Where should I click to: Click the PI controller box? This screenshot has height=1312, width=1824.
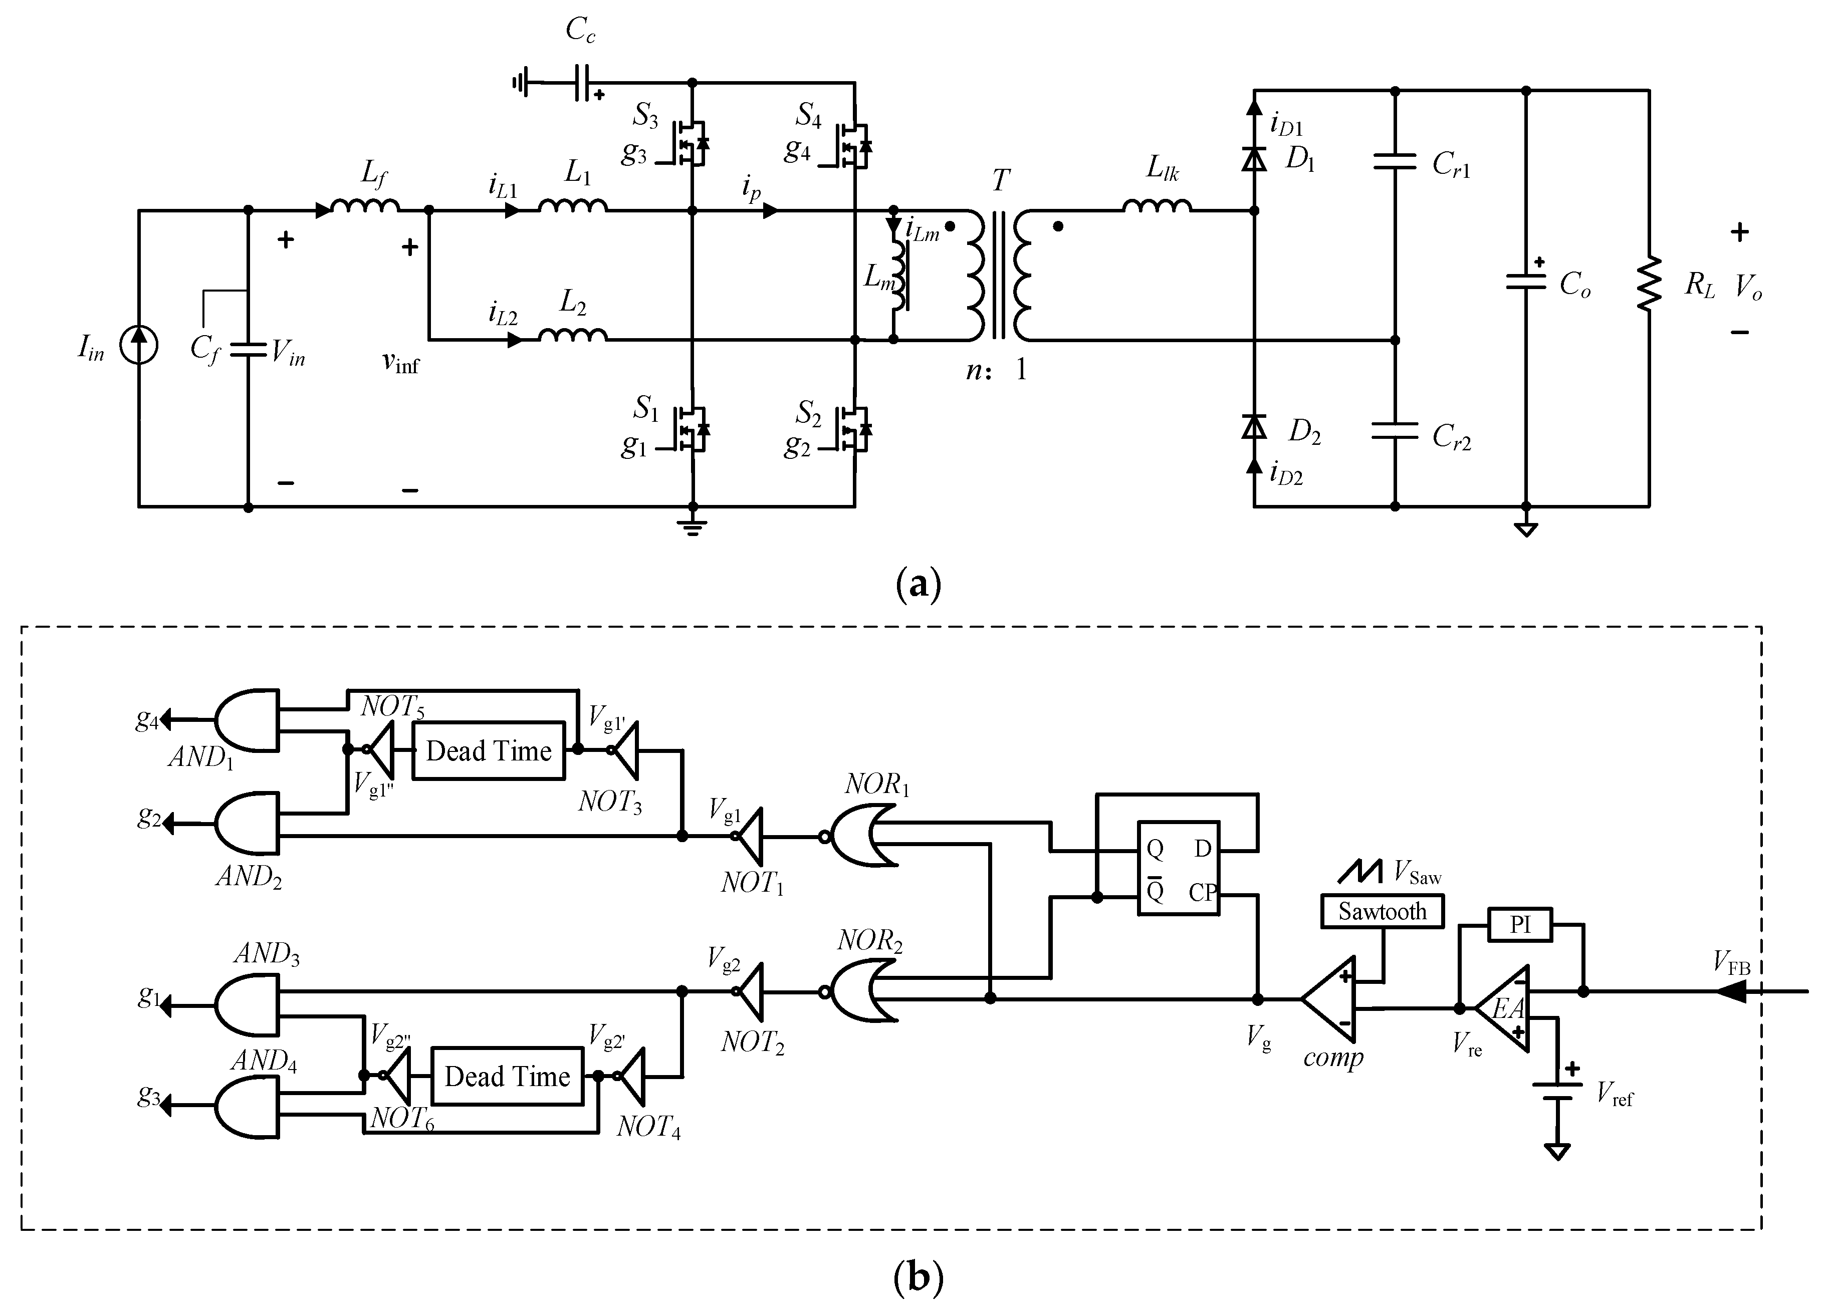pyautogui.click(x=1519, y=924)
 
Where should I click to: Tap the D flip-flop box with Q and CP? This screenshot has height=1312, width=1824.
pyautogui.click(x=1178, y=868)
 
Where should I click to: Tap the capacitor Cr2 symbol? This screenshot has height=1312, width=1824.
pyautogui.click(x=1395, y=431)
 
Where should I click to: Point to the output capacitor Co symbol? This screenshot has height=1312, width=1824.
pyautogui.click(x=1526, y=282)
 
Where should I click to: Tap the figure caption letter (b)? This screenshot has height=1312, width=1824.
pyautogui.click(x=918, y=1276)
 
